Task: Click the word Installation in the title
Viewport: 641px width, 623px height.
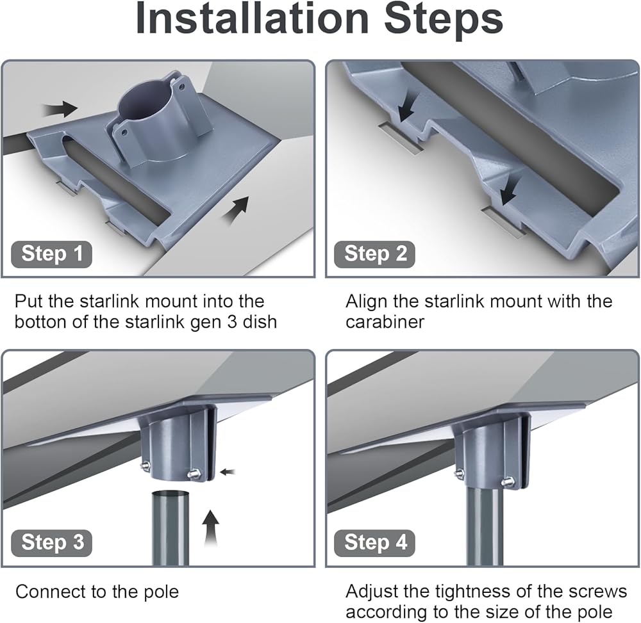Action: pyautogui.click(x=252, y=19)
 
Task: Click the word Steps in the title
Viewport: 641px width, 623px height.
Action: pyautogui.click(x=444, y=20)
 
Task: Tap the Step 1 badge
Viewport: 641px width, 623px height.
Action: pyautogui.click(x=51, y=254)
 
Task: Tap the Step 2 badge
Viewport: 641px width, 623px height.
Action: pyautogui.click(x=374, y=254)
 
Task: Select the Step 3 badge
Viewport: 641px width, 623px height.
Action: pyautogui.click(x=51, y=543)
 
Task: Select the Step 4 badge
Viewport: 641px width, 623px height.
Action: pyautogui.click(x=374, y=543)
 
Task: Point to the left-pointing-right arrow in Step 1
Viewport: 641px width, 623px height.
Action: pyautogui.click(x=60, y=109)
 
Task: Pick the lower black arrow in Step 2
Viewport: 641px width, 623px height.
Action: pyautogui.click(x=508, y=191)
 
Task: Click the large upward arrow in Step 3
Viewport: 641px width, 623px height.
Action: pyautogui.click(x=211, y=528)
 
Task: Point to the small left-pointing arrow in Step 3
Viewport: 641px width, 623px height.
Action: pyautogui.click(x=228, y=473)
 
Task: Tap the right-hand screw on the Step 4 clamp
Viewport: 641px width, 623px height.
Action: pyautogui.click(x=508, y=481)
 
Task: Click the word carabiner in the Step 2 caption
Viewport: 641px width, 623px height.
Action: pyautogui.click(x=385, y=322)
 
